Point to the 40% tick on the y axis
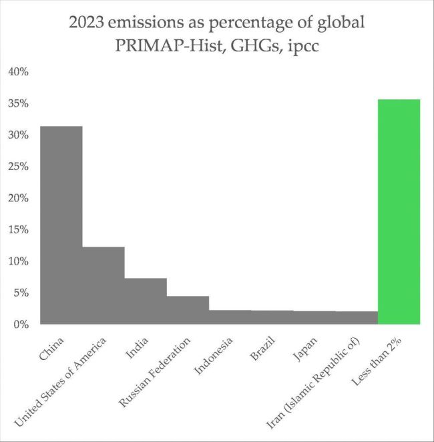click(x=18, y=72)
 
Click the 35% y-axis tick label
click(x=18, y=103)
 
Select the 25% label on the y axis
click(x=18, y=167)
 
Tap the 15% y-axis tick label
click(x=18, y=230)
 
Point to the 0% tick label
click(x=21, y=325)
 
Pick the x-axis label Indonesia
click(x=214, y=353)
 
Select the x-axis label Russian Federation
click(x=155, y=370)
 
